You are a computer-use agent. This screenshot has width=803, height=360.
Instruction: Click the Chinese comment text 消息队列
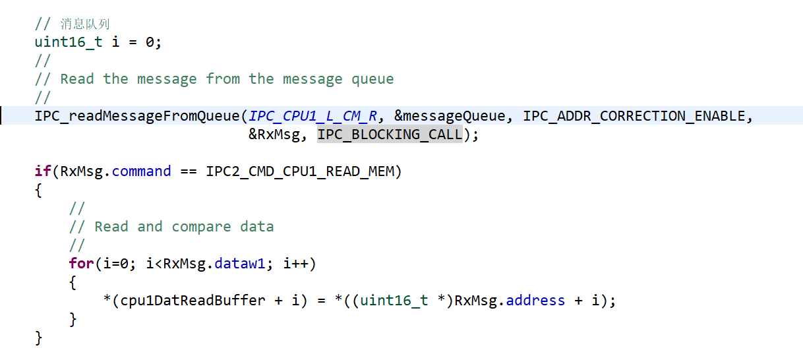click(x=85, y=24)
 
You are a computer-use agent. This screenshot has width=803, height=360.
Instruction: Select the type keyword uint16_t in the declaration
click(x=69, y=42)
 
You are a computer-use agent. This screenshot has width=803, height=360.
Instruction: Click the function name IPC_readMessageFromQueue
click(x=137, y=117)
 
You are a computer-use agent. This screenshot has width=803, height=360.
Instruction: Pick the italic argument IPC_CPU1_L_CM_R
click(x=313, y=117)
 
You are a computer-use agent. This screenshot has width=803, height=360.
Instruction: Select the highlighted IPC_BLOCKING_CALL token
click(x=390, y=135)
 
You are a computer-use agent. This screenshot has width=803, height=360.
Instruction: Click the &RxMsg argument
click(x=274, y=135)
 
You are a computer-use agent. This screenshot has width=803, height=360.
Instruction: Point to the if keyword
click(x=43, y=171)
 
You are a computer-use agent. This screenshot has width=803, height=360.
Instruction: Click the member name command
click(x=141, y=171)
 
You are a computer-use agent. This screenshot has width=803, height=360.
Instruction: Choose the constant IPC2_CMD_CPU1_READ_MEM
click(x=300, y=171)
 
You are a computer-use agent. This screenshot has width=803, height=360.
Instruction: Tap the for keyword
click(x=81, y=264)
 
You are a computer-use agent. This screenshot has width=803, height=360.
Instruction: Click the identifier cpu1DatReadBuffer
click(x=193, y=301)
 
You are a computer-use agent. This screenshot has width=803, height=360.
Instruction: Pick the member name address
click(x=535, y=301)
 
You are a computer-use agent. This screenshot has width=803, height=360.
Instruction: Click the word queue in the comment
click(x=372, y=79)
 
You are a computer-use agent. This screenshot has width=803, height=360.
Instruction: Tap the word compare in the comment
click(x=201, y=227)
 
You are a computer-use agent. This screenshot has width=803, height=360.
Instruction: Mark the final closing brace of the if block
click(x=38, y=338)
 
